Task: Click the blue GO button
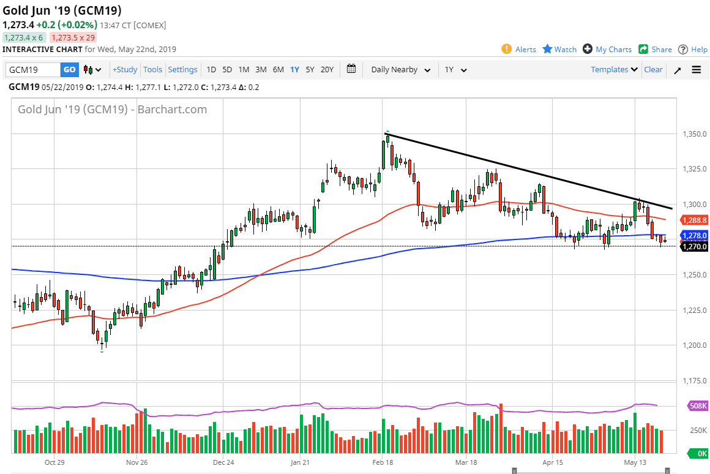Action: click(69, 70)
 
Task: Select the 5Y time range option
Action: click(310, 70)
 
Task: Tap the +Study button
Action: click(125, 70)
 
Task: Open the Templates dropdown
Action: click(614, 70)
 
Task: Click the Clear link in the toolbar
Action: click(653, 70)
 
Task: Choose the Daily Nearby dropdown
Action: click(400, 70)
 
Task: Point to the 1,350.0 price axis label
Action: click(694, 134)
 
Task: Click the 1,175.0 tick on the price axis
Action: click(694, 381)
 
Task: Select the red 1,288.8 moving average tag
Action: click(694, 219)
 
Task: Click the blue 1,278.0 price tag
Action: click(694, 235)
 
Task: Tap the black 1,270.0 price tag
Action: click(694, 246)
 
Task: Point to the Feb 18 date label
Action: click(383, 462)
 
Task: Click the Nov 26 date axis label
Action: click(137, 462)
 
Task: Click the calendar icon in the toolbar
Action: click(351, 69)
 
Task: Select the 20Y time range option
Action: click(327, 70)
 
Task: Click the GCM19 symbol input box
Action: click(33, 70)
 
